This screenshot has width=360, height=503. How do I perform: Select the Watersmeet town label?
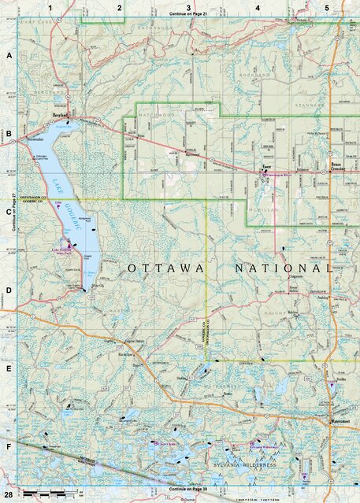(340, 420)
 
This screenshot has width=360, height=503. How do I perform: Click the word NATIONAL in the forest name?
(283, 268)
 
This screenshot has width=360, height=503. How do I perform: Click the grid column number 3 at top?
(188, 7)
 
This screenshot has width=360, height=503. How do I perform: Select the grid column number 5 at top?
(326, 7)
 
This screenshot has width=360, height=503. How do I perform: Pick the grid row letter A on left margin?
(9, 57)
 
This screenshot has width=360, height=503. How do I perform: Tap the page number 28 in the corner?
(8, 492)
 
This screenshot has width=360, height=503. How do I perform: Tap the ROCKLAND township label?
(259, 76)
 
